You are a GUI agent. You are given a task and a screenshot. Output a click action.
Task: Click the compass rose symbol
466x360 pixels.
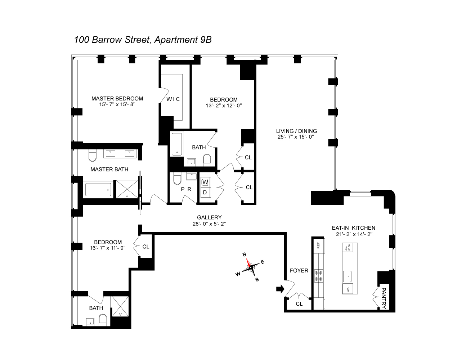(x=250, y=267)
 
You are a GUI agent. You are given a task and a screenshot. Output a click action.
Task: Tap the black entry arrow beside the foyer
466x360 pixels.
(x=280, y=288)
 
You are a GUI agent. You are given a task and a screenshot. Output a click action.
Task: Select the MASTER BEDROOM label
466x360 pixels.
(x=117, y=98)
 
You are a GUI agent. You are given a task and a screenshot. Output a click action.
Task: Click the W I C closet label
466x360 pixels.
(x=173, y=99)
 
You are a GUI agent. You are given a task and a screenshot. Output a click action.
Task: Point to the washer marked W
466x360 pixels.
(x=205, y=182)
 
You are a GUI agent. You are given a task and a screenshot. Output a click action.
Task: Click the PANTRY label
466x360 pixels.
(x=384, y=298)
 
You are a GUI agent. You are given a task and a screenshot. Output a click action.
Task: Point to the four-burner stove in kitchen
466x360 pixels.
(x=318, y=275)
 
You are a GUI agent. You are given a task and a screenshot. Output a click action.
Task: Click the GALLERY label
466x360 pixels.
(x=209, y=217)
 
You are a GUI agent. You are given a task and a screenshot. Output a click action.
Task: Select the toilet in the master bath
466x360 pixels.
(x=93, y=156)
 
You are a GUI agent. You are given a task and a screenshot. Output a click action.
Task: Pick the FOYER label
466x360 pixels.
(x=299, y=270)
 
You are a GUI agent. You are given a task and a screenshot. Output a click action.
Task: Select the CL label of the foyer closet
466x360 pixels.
(x=299, y=303)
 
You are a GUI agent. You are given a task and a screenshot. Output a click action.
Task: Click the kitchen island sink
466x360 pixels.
(x=348, y=276)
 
